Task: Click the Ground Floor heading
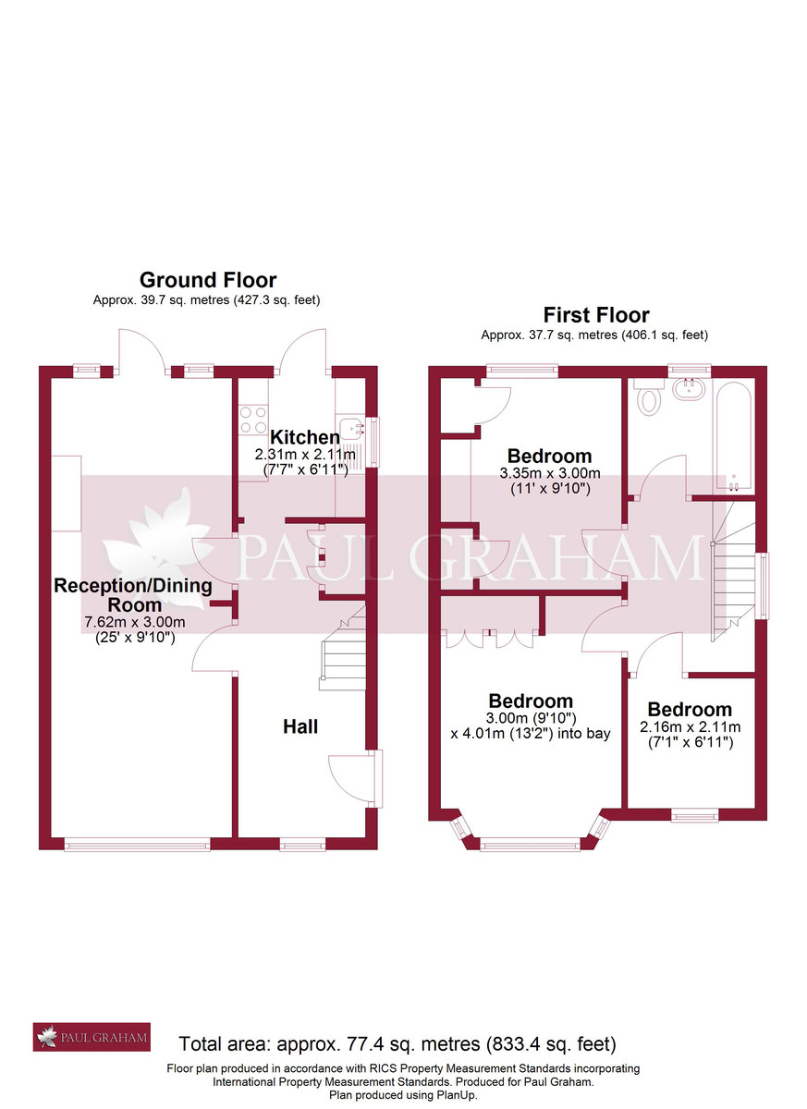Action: (x=207, y=280)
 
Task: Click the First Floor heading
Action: (x=595, y=315)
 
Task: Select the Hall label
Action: (x=300, y=727)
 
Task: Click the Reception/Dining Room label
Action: (x=133, y=594)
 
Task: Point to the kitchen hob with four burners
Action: (x=253, y=420)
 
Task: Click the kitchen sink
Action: (x=350, y=433)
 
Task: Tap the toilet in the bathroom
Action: (x=651, y=399)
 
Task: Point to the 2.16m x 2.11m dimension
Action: (x=690, y=727)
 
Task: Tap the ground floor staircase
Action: (x=344, y=652)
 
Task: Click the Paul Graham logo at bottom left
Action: (x=92, y=1038)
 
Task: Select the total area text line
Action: (x=397, y=1044)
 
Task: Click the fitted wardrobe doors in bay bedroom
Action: (x=490, y=638)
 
